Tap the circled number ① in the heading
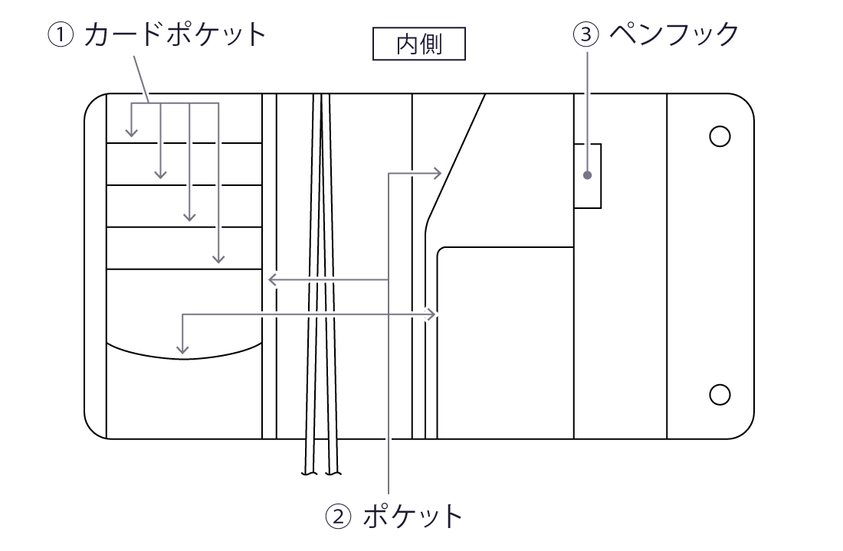pyautogui.click(x=63, y=34)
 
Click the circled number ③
pyautogui.click(x=586, y=34)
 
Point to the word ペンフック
pyautogui.click(x=674, y=34)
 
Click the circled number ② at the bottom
pyautogui.click(x=339, y=517)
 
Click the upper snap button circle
pyautogui.click(x=719, y=136)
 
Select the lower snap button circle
pyautogui.click(x=719, y=394)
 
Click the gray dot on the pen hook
pyautogui.click(x=587, y=175)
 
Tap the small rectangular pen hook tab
pyautogui.click(x=588, y=175)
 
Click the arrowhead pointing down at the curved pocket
pyautogui.click(x=182, y=350)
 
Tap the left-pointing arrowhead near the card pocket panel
pyautogui.click(x=271, y=280)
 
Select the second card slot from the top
pyautogui.click(x=184, y=164)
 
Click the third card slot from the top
pyautogui.click(x=184, y=206)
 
